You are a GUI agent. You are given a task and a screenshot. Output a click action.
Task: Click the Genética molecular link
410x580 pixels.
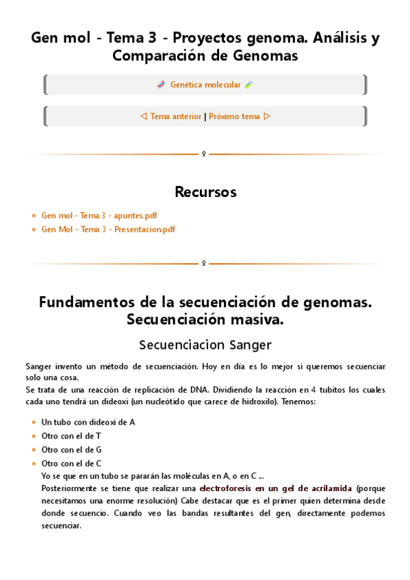(205, 85)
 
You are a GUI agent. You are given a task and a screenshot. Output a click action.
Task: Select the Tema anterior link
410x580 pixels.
(171, 116)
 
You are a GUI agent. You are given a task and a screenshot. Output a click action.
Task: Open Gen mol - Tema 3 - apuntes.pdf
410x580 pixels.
(99, 215)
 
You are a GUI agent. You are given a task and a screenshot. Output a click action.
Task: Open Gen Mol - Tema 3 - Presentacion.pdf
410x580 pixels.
(108, 229)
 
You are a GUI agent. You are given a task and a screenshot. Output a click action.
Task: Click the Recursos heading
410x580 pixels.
(205, 192)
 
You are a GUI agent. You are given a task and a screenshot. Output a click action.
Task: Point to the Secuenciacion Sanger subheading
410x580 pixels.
(205, 344)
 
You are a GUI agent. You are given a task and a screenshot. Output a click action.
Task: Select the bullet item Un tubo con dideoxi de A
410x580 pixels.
(88, 422)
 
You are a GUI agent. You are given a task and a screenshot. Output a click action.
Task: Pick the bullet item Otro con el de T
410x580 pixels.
(71, 436)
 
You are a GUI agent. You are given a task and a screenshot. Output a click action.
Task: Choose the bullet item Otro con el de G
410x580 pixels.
(71, 449)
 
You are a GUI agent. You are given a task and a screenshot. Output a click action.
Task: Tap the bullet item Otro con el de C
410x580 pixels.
(71, 463)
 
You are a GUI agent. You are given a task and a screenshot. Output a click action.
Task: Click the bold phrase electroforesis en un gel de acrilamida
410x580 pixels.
(275, 488)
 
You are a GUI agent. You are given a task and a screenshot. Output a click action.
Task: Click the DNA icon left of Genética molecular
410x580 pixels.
(161, 85)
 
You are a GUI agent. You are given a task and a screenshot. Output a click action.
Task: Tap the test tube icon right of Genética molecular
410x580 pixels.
(249, 85)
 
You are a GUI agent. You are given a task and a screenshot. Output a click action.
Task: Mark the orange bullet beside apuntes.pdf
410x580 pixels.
(34, 215)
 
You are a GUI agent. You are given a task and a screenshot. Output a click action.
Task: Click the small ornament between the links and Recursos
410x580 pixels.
(203, 154)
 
